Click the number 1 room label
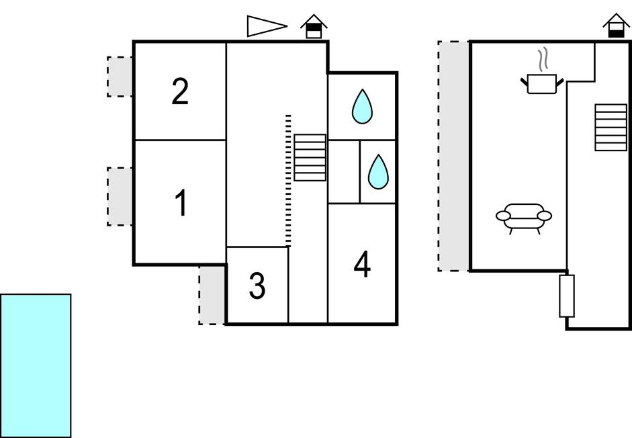point(180,204)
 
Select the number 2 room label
point(179,92)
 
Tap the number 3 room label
point(257,286)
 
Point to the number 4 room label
point(362,265)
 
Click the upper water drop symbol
point(362,107)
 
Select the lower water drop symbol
point(378,172)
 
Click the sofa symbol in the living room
point(524,217)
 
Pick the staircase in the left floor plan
point(310,158)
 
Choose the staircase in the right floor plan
point(611,127)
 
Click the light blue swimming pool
point(36,365)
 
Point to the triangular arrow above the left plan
point(266,26)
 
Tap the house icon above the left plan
point(314,27)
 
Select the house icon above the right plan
point(616,27)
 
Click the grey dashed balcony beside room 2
point(120,77)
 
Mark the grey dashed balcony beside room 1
point(120,196)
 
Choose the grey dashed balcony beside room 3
point(212,295)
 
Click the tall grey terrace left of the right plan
point(453,156)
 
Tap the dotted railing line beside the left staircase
point(288,180)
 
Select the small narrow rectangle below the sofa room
point(567,296)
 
